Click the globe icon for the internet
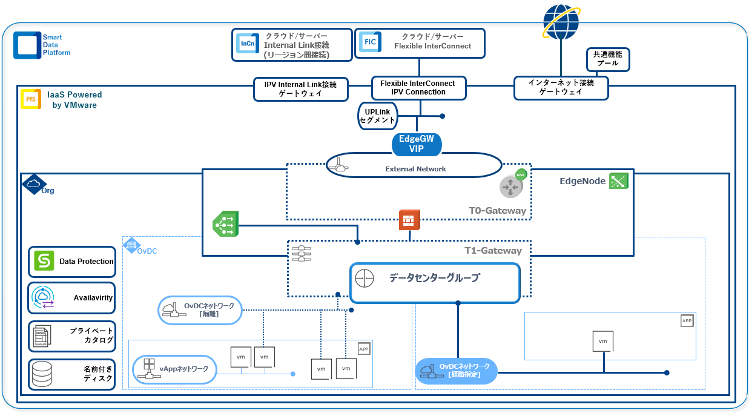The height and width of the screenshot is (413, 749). pos(561,22)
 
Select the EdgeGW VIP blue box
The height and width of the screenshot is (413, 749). pos(417,144)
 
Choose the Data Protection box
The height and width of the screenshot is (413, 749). pos(71,262)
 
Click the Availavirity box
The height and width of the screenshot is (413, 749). pos(71,297)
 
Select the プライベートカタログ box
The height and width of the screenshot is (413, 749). pos(71,335)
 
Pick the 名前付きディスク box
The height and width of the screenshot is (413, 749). pos(71,374)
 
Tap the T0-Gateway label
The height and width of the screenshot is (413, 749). pos(497,211)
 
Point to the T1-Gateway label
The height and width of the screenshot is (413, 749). pos(493,251)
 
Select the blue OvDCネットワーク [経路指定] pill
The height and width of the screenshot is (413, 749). pos(456,371)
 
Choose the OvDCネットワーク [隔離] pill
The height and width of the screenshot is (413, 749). pos(200,309)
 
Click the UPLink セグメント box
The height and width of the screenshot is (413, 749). pos(377,116)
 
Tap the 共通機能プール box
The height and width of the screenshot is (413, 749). pos(607,59)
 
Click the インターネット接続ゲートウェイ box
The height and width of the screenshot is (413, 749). pos(561,88)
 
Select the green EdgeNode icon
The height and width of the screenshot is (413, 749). pos(618,180)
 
